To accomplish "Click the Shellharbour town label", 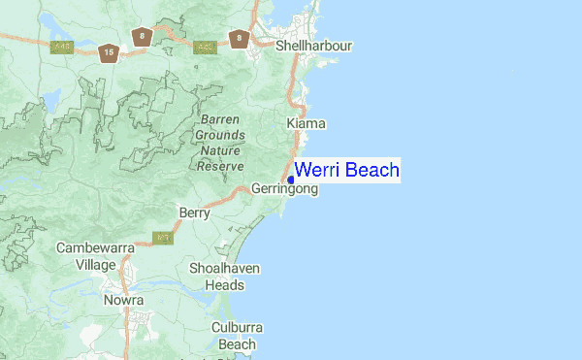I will [x=313, y=46].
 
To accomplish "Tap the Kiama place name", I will [x=307, y=123].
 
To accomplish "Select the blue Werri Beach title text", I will [x=347, y=171].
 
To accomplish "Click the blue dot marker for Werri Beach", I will [x=291, y=180].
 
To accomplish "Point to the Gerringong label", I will [x=284, y=189].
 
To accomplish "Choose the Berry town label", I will [x=195, y=213].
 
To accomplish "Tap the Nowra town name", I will [x=123, y=301].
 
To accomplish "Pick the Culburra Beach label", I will [x=237, y=336].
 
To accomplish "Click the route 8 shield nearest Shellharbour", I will [x=239, y=39].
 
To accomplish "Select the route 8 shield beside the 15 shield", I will [x=143, y=37].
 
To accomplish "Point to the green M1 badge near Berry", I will [x=165, y=237].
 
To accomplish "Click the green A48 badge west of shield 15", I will [x=64, y=46].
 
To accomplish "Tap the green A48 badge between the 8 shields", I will [x=205, y=46].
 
